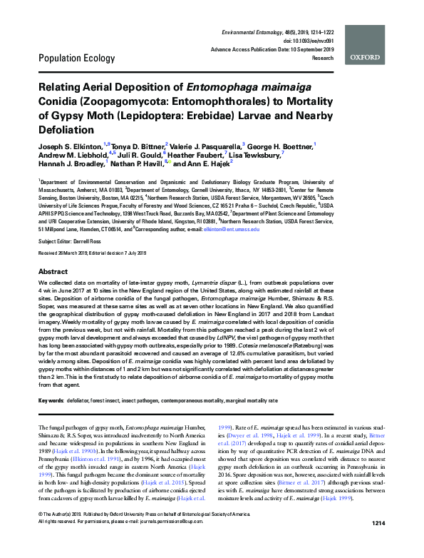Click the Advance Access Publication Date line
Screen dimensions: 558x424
tap(272, 50)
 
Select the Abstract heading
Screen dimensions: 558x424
tap(53, 273)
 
